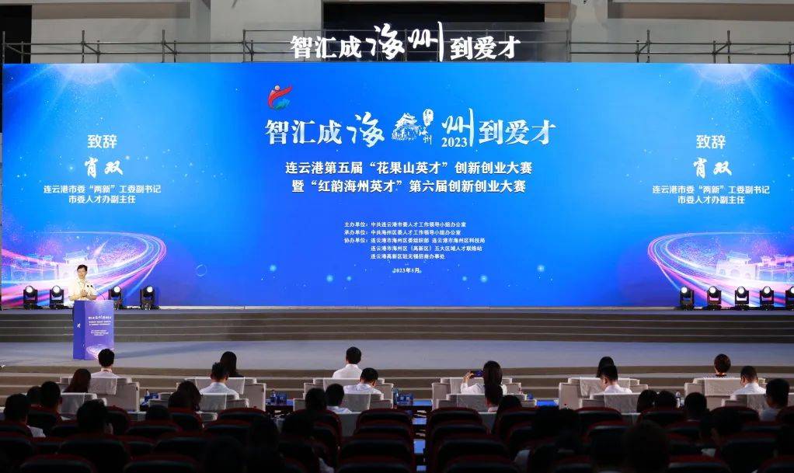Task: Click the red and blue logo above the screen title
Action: (x=280, y=96)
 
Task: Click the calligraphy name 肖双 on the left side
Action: (x=103, y=167)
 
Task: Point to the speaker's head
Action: (x=81, y=271)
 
